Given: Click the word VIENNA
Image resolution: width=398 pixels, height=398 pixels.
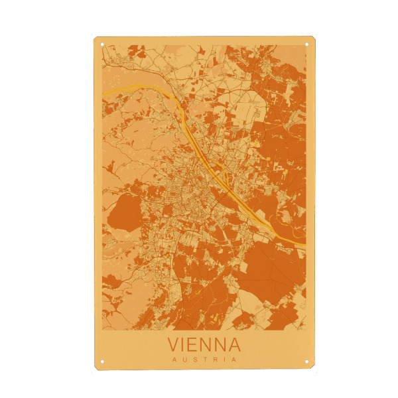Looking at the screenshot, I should (x=204, y=345).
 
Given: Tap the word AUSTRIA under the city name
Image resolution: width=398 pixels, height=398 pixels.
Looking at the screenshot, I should (x=204, y=360).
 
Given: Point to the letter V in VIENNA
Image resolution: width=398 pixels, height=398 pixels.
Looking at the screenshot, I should (x=174, y=345).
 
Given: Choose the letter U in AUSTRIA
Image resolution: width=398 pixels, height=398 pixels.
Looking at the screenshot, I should (x=184, y=360).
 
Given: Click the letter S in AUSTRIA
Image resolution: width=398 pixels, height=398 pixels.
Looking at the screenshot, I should (x=194, y=360).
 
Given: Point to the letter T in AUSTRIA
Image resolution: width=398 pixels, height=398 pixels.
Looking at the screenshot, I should (x=204, y=360).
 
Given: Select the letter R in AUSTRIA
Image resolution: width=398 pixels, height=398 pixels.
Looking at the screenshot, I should (x=214, y=360).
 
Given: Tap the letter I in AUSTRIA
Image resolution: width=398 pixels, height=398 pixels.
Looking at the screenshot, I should (x=224, y=360).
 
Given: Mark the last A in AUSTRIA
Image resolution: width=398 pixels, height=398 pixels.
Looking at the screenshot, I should (x=233, y=360).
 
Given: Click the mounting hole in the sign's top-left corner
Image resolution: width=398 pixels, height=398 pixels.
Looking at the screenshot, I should (x=102, y=45).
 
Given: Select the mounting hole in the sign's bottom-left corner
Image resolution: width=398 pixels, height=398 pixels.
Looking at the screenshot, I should (x=102, y=362).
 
